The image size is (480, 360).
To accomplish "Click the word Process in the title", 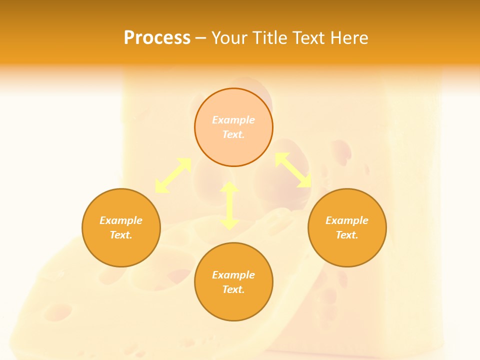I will [157, 38].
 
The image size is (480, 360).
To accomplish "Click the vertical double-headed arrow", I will [229, 205].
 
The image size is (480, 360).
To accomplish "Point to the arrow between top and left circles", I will [173, 175].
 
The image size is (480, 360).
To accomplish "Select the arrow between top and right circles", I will [293, 170].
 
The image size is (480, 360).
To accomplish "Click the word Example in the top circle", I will [233, 120].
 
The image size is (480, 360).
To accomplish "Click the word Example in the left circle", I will [121, 220].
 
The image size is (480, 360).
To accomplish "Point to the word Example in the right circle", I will [347, 220].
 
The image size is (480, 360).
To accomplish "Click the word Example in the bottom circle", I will [233, 275].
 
